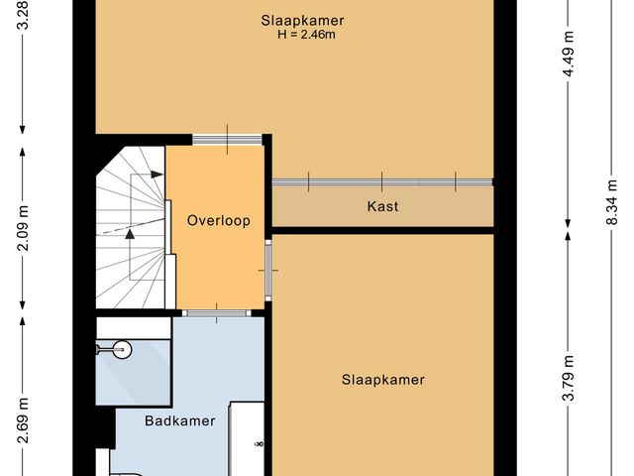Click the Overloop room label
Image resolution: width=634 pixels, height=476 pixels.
pyautogui.click(x=219, y=221)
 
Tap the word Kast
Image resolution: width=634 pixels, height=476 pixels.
pyautogui.click(x=382, y=207)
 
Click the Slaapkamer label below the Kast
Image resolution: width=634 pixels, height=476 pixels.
pyautogui.click(x=383, y=380)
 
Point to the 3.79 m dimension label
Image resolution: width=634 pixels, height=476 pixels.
pyautogui.click(x=568, y=381)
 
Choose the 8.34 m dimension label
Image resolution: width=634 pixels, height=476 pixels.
pyautogui.click(x=611, y=209)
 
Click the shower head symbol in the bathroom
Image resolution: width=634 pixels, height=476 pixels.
pyautogui.click(x=120, y=348)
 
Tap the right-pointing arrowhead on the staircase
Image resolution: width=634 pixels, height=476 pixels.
pyautogui.click(x=158, y=174)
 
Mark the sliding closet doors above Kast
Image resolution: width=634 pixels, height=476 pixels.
pyautogui.click(x=382, y=181)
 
